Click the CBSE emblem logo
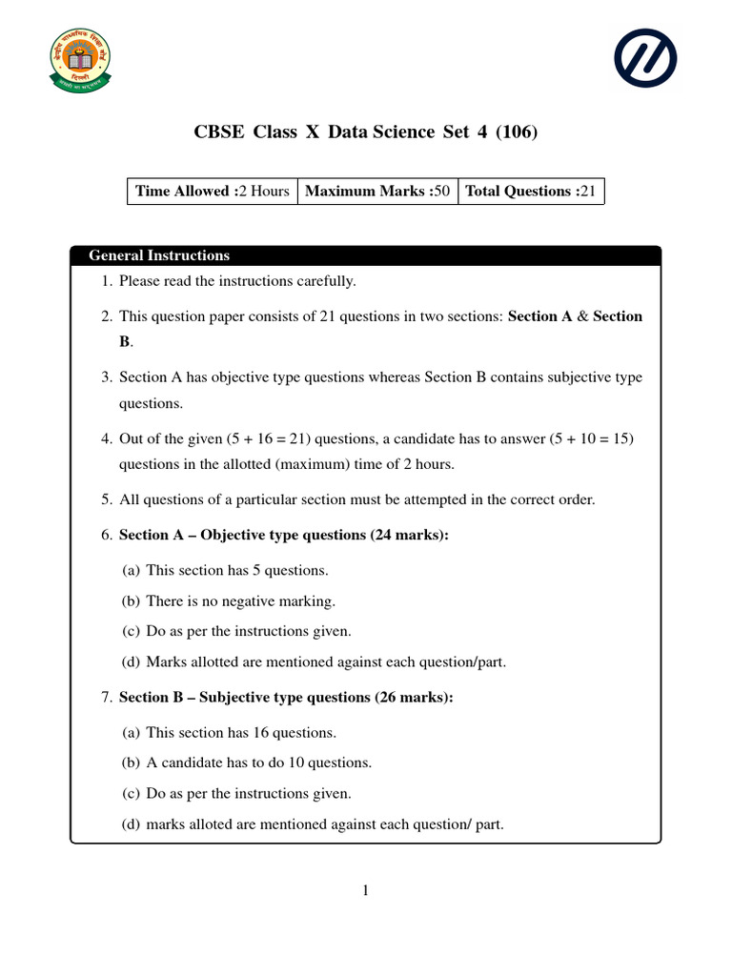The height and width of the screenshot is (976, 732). pyautogui.click(x=80, y=59)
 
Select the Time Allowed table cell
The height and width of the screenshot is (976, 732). pyautogui.click(x=213, y=191)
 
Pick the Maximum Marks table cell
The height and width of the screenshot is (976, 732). pyautogui.click(x=377, y=191)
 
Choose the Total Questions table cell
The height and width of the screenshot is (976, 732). pyautogui.click(x=530, y=191)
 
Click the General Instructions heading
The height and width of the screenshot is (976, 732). pyautogui.click(x=159, y=255)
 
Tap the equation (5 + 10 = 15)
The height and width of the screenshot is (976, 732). pyautogui.click(x=592, y=438)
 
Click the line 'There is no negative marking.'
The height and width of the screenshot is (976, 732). pyautogui.click(x=240, y=600)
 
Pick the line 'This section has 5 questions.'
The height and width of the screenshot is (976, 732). pyautogui.click(x=237, y=570)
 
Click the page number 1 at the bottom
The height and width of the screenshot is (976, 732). pyautogui.click(x=365, y=890)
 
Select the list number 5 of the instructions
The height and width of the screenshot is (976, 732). pyautogui.click(x=107, y=499)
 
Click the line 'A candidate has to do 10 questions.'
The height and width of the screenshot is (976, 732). pyautogui.click(x=258, y=762)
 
